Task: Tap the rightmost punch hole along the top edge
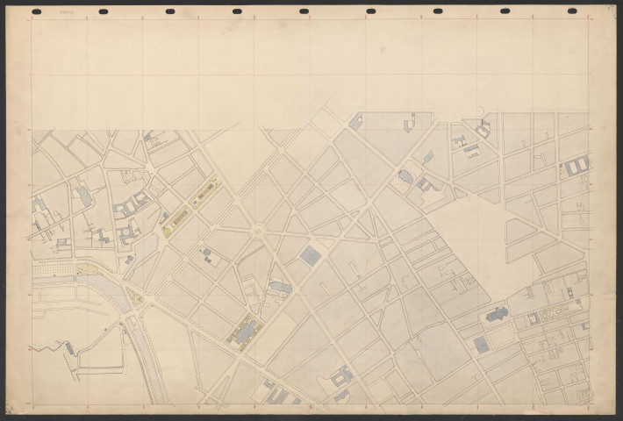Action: point(572,11)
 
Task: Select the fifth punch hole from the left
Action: point(304,11)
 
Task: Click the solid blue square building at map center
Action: point(310,255)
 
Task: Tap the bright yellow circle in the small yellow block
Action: point(165,232)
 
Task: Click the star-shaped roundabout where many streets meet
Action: point(257,232)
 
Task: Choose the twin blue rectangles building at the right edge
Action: point(576,166)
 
